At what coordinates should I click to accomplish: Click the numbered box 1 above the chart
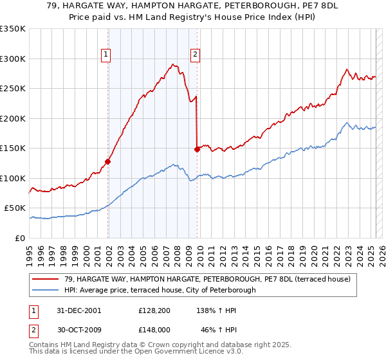pyautogui.click(x=105, y=55)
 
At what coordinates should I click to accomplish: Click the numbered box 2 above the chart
pyautogui.click(x=194, y=55)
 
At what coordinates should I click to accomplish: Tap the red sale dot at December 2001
pyautogui.click(x=108, y=161)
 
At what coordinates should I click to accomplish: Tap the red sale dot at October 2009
pyautogui.click(x=197, y=149)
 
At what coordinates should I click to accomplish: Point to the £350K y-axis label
pyautogui.click(x=13, y=29)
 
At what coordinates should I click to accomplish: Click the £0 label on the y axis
pyautogui.click(x=19, y=238)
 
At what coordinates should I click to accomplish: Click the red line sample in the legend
pyautogui.click(x=46, y=279)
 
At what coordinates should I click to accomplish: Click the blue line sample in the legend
pyautogui.click(x=46, y=290)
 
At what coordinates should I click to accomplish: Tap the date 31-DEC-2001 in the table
pyautogui.click(x=79, y=310)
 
